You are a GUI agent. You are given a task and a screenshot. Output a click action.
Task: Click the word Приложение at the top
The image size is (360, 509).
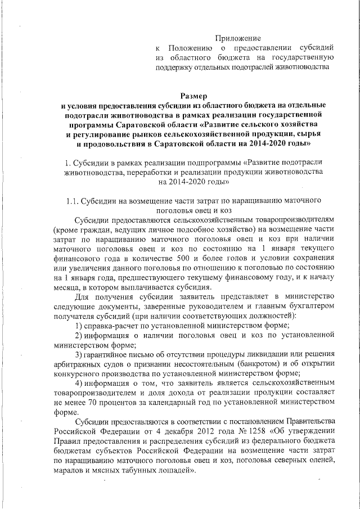click(x=238, y=38)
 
